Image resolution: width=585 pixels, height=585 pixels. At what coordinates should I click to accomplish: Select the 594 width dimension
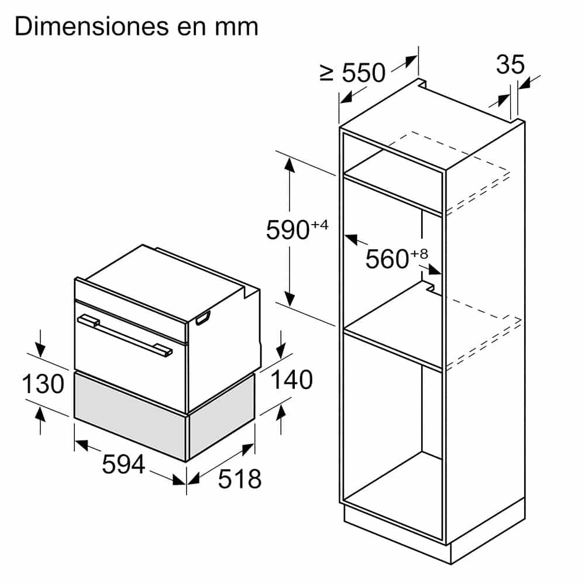123,464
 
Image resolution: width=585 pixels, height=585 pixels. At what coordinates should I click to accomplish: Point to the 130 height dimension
43,384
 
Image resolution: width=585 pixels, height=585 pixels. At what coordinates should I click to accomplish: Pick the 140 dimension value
291,380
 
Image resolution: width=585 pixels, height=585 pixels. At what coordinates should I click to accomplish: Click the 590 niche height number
287,230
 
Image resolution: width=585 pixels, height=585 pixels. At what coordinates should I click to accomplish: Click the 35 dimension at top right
510,65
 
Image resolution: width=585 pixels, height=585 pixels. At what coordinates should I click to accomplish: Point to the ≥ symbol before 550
327,73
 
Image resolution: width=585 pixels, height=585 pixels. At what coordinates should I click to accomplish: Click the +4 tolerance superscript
319,223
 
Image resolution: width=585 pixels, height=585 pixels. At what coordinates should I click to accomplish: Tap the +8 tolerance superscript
419,253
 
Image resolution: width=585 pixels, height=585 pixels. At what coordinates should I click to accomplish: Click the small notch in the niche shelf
430,287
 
